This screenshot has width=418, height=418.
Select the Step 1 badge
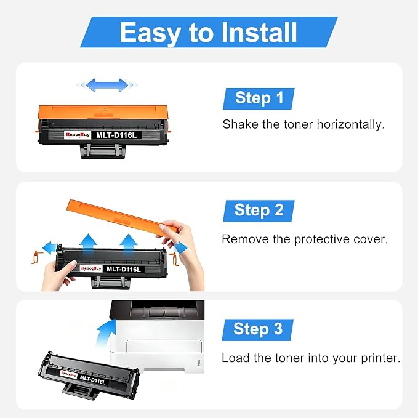(x=259, y=98)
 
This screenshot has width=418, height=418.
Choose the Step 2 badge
(x=259, y=211)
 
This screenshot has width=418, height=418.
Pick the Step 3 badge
(x=258, y=330)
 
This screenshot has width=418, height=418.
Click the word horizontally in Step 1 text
(x=350, y=124)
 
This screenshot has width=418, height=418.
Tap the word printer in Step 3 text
(x=380, y=358)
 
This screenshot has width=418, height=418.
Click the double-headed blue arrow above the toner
(x=107, y=85)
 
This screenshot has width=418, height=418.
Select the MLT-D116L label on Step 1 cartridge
(x=116, y=135)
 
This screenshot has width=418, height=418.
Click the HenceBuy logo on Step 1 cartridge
(x=78, y=135)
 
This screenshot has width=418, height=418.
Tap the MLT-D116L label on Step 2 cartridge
(x=123, y=269)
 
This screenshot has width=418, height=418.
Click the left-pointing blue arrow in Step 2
(x=50, y=248)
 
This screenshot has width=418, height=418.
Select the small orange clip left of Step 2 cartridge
(x=37, y=257)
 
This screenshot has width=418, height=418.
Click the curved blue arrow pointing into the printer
(x=105, y=333)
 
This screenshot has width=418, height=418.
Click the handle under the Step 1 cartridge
(x=103, y=151)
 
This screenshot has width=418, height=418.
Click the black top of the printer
(x=157, y=310)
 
